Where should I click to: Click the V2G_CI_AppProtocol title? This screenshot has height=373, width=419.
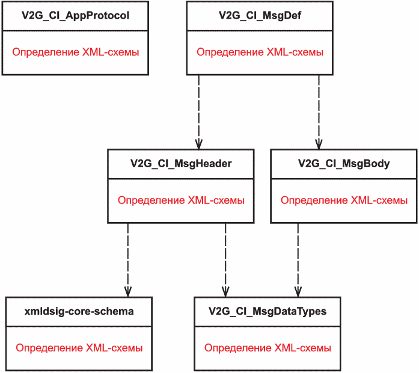(x=75, y=16)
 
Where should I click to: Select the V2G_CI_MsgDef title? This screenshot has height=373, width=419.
(x=260, y=16)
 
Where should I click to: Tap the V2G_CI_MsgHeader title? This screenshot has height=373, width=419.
(x=181, y=164)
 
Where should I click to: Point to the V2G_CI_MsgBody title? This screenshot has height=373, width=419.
(x=344, y=164)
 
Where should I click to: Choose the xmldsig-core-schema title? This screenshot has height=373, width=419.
(x=79, y=312)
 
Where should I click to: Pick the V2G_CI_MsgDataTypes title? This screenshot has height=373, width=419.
(x=268, y=312)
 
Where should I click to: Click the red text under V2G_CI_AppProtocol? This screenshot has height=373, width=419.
(x=76, y=52)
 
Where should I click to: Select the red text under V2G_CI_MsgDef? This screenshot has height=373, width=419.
(x=260, y=52)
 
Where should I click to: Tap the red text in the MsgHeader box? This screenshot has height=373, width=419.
(x=181, y=200)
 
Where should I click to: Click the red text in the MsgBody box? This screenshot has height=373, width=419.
(x=344, y=200)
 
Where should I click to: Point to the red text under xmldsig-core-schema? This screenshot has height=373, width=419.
(x=79, y=348)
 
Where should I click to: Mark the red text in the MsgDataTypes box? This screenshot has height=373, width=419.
(x=268, y=348)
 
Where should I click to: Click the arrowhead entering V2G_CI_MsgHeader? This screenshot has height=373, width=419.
(x=198, y=144)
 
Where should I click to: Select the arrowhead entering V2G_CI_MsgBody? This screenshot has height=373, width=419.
(x=319, y=144)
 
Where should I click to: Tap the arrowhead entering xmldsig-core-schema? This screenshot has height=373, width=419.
(x=127, y=292)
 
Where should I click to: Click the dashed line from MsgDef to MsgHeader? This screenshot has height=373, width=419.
(x=198, y=113)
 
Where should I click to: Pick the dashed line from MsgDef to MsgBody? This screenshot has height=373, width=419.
(x=319, y=113)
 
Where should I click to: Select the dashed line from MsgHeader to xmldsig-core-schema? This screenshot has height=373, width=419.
(x=127, y=260)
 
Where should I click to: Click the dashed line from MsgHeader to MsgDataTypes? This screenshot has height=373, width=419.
(x=225, y=260)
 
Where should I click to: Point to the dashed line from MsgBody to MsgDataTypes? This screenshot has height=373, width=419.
(x=298, y=260)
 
